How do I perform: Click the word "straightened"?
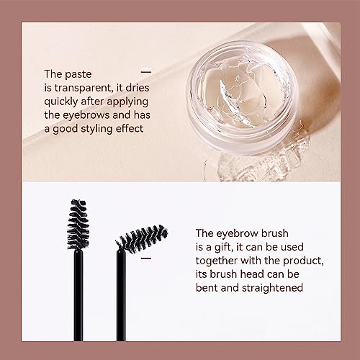click(x=272, y=288)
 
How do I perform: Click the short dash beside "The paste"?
click(x=146, y=71)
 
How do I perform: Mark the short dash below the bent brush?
click(x=146, y=258)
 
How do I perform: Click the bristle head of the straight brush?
click(x=78, y=225)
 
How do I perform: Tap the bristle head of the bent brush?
click(x=142, y=238)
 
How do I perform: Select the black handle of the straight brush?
click(x=78, y=295)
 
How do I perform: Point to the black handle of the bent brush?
click(x=121, y=296)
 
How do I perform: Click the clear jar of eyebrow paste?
click(x=242, y=98)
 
